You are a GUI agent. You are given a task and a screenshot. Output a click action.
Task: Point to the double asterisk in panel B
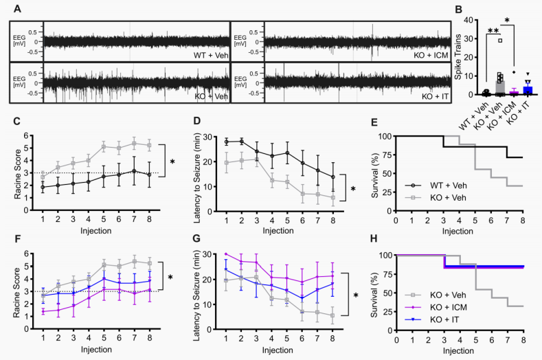click(494, 32)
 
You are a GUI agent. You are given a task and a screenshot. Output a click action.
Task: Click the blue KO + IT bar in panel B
click(528, 90)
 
